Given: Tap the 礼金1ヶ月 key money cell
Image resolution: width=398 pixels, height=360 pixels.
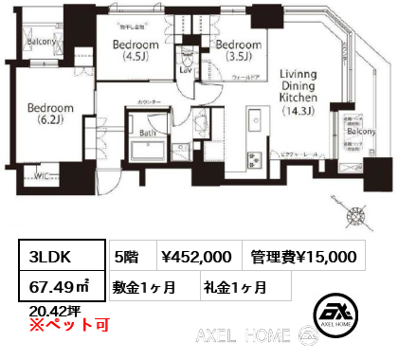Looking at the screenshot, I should click(x=236, y=285).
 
